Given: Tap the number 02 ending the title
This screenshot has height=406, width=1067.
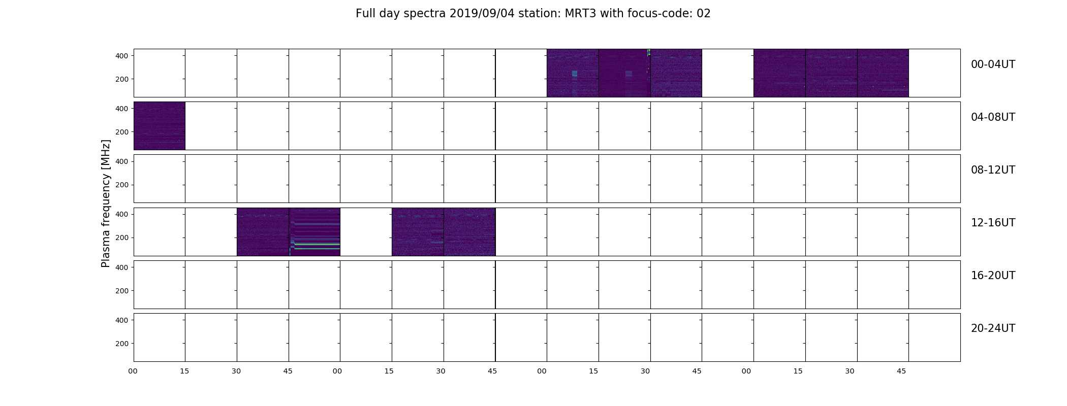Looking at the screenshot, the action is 704,14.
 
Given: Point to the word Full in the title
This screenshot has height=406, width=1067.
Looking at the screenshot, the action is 365,14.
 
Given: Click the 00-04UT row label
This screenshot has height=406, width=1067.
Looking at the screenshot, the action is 993,64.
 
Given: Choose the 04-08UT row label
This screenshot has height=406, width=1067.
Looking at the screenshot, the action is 993,117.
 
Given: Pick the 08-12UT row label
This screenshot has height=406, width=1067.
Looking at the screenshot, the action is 993,170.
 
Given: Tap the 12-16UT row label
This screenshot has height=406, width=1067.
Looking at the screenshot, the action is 993,223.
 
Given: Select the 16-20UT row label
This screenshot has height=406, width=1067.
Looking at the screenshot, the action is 993,276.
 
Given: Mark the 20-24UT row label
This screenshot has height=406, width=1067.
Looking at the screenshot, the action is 993,328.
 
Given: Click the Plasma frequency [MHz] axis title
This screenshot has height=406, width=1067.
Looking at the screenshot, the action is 106,204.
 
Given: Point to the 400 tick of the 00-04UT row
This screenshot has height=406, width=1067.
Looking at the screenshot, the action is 122,56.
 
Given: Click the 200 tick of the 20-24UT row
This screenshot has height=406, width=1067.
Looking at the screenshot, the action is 122,344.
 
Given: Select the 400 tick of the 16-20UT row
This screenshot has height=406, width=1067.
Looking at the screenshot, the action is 122,267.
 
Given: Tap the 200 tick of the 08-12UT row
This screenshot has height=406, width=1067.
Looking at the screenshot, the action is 122,185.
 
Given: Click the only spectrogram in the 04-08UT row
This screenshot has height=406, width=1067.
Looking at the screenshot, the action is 160,126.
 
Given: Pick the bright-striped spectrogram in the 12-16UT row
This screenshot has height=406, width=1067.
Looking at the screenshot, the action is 315,231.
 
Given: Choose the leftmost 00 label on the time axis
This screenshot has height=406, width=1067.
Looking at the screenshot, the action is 133,371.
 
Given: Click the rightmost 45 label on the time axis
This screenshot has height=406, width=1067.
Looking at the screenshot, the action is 901,371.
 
